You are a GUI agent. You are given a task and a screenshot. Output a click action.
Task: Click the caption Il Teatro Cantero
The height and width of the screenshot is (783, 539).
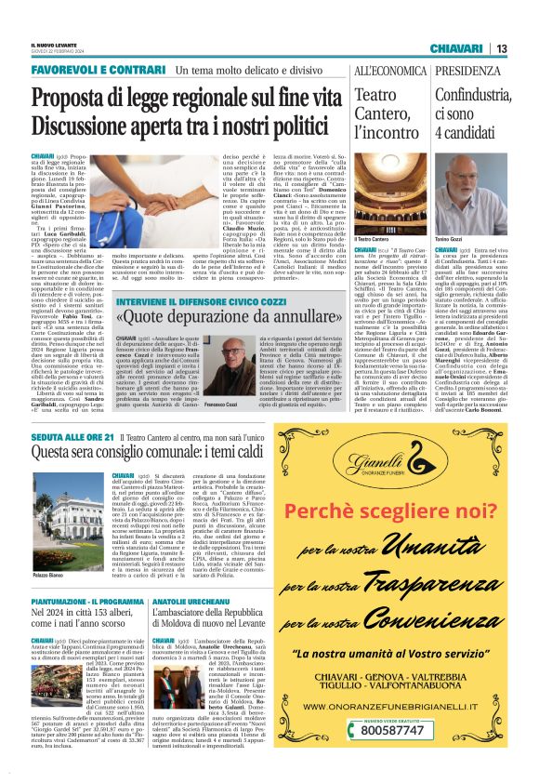(372, 240)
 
